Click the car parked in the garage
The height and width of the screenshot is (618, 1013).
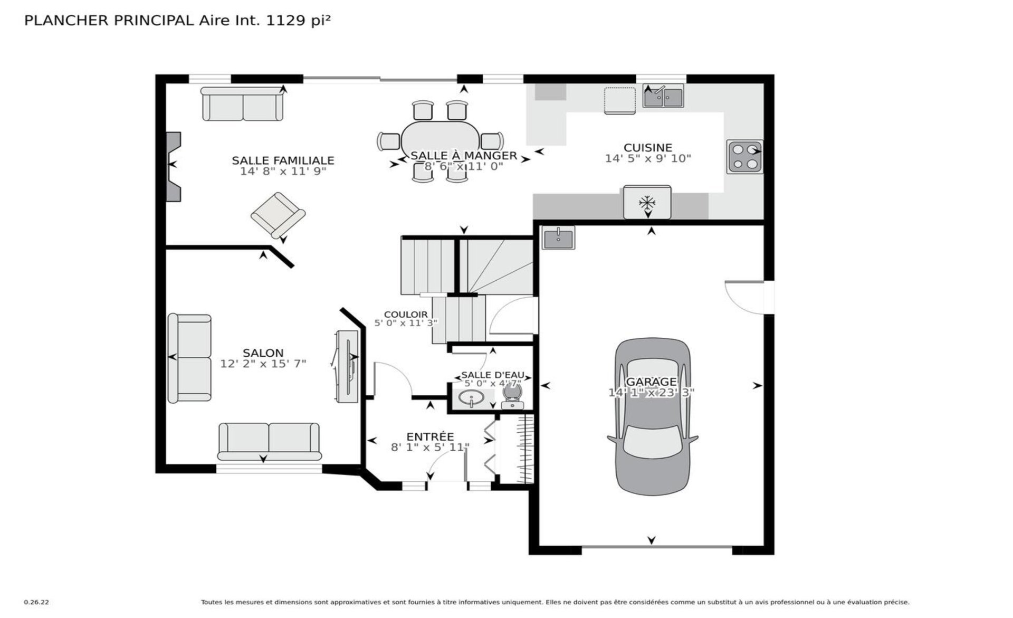pyautogui.click(x=652, y=416)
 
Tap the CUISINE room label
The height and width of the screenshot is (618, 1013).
pyautogui.click(x=648, y=148)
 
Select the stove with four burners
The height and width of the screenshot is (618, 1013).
pyautogui.click(x=744, y=157)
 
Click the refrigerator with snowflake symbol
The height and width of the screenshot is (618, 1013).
pyautogui.click(x=647, y=202)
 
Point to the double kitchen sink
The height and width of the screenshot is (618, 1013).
pyautogui.click(x=663, y=97)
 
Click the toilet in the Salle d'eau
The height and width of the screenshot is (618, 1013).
pyautogui.click(x=512, y=396)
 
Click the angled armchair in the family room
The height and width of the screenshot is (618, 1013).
pyautogui.click(x=278, y=215)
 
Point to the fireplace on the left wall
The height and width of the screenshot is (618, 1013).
pyautogui.click(x=174, y=166)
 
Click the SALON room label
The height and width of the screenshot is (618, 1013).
pyautogui.click(x=263, y=353)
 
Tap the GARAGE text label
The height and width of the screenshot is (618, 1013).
pyautogui.click(x=651, y=382)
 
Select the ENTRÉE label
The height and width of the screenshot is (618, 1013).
pyautogui.click(x=430, y=436)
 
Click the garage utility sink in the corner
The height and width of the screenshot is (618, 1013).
pyautogui.click(x=559, y=238)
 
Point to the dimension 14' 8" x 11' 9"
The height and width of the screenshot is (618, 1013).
pyautogui.click(x=283, y=172)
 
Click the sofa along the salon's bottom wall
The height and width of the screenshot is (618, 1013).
pyautogui.click(x=269, y=441)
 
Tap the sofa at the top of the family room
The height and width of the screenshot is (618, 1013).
pyautogui.click(x=243, y=104)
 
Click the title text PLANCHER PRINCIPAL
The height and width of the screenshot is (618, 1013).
pyautogui.click(x=109, y=21)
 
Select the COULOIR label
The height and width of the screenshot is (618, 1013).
pyautogui.click(x=406, y=315)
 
